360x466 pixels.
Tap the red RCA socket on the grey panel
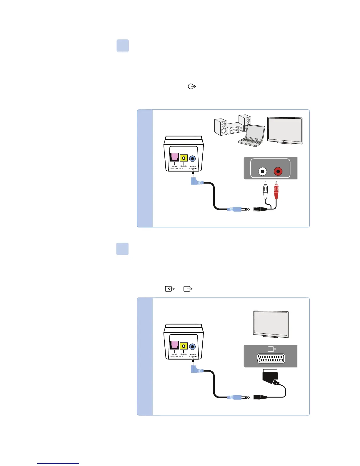pyautogui.click(x=278, y=171)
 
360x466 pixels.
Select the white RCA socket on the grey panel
pyautogui.click(x=262, y=171)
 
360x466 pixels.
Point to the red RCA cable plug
pyautogui.click(x=276, y=191)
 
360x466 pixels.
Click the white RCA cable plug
pyautogui.click(x=266, y=191)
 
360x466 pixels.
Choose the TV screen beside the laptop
pyautogui.click(x=285, y=130)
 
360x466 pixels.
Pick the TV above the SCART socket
pyautogui.click(x=271, y=324)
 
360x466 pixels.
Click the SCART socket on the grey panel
pyautogui.click(x=271, y=359)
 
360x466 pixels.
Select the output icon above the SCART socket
pyautogui.click(x=272, y=349)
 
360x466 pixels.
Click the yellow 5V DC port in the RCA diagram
pyautogui.click(x=184, y=158)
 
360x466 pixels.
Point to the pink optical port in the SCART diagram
pyautogui.click(x=175, y=345)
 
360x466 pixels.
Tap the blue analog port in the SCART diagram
pyautogui.click(x=193, y=347)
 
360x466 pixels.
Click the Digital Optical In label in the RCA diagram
pyautogui.click(x=174, y=167)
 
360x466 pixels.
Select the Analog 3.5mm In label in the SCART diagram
pyautogui.click(x=193, y=355)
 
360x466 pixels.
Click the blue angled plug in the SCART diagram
pyautogui.click(x=196, y=370)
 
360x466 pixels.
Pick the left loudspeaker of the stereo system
pyautogui.click(x=221, y=127)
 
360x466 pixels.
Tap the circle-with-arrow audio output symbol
pyautogui.click(x=192, y=86)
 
